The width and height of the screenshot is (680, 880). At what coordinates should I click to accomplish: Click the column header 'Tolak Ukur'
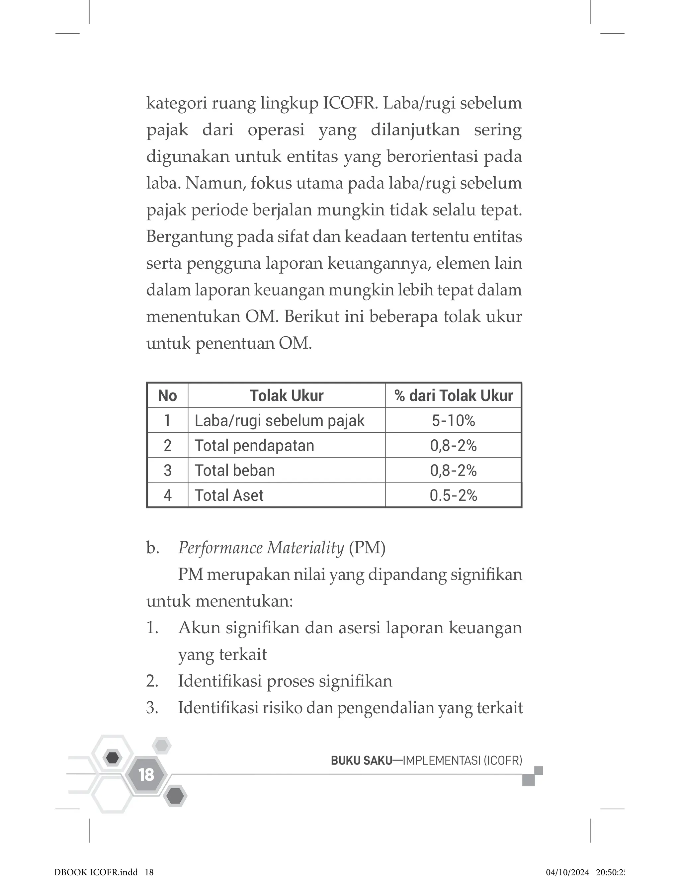click(x=287, y=396)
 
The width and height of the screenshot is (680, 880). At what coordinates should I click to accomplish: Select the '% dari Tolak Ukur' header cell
click(x=453, y=396)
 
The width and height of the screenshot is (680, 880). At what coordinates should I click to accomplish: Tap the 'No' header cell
click(x=168, y=396)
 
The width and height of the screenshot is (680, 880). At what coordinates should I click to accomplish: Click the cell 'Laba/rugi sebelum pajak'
click(x=280, y=421)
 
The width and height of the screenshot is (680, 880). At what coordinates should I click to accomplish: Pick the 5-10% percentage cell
click(x=453, y=421)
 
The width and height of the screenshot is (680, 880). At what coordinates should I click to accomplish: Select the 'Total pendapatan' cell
click(x=254, y=446)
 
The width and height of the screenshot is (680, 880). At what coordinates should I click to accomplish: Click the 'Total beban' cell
click(x=235, y=471)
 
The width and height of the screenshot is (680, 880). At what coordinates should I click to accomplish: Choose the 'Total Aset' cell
click(x=229, y=495)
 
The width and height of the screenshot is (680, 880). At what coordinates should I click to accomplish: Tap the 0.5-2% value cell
click(x=453, y=495)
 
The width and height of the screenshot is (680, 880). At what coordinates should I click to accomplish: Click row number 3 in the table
click(x=168, y=471)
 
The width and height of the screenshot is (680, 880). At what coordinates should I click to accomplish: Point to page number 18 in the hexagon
click(x=146, y=774)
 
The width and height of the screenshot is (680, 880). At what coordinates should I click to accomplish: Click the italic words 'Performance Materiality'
click(x=261, y=548)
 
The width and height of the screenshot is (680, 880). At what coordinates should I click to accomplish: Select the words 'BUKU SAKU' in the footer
click(x=361, y=760)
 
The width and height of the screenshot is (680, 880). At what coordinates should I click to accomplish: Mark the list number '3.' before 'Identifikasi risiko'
click(x=152, y=708)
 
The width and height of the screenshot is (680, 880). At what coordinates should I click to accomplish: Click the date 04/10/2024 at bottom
click(x=567, y=872)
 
